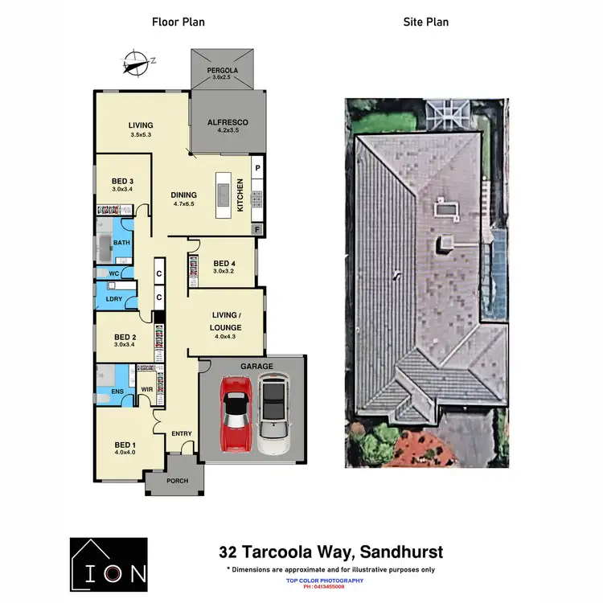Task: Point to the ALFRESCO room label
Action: click(x=228, y=123)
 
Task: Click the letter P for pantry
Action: click(x=257, y=168)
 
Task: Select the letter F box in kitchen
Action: click(x=257, y=229)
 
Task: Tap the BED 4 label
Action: click(x=224, y=264)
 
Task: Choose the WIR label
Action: click(x=147, y=390)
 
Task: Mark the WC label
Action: click(x=114, y=273)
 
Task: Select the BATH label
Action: click(x=121, y=242)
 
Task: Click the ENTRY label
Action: click(x=182, y=434)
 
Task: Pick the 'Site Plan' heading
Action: click(x=426, y=22)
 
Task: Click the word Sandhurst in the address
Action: click(x=402, y=552)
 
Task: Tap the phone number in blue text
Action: click(x=325, y=587)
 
